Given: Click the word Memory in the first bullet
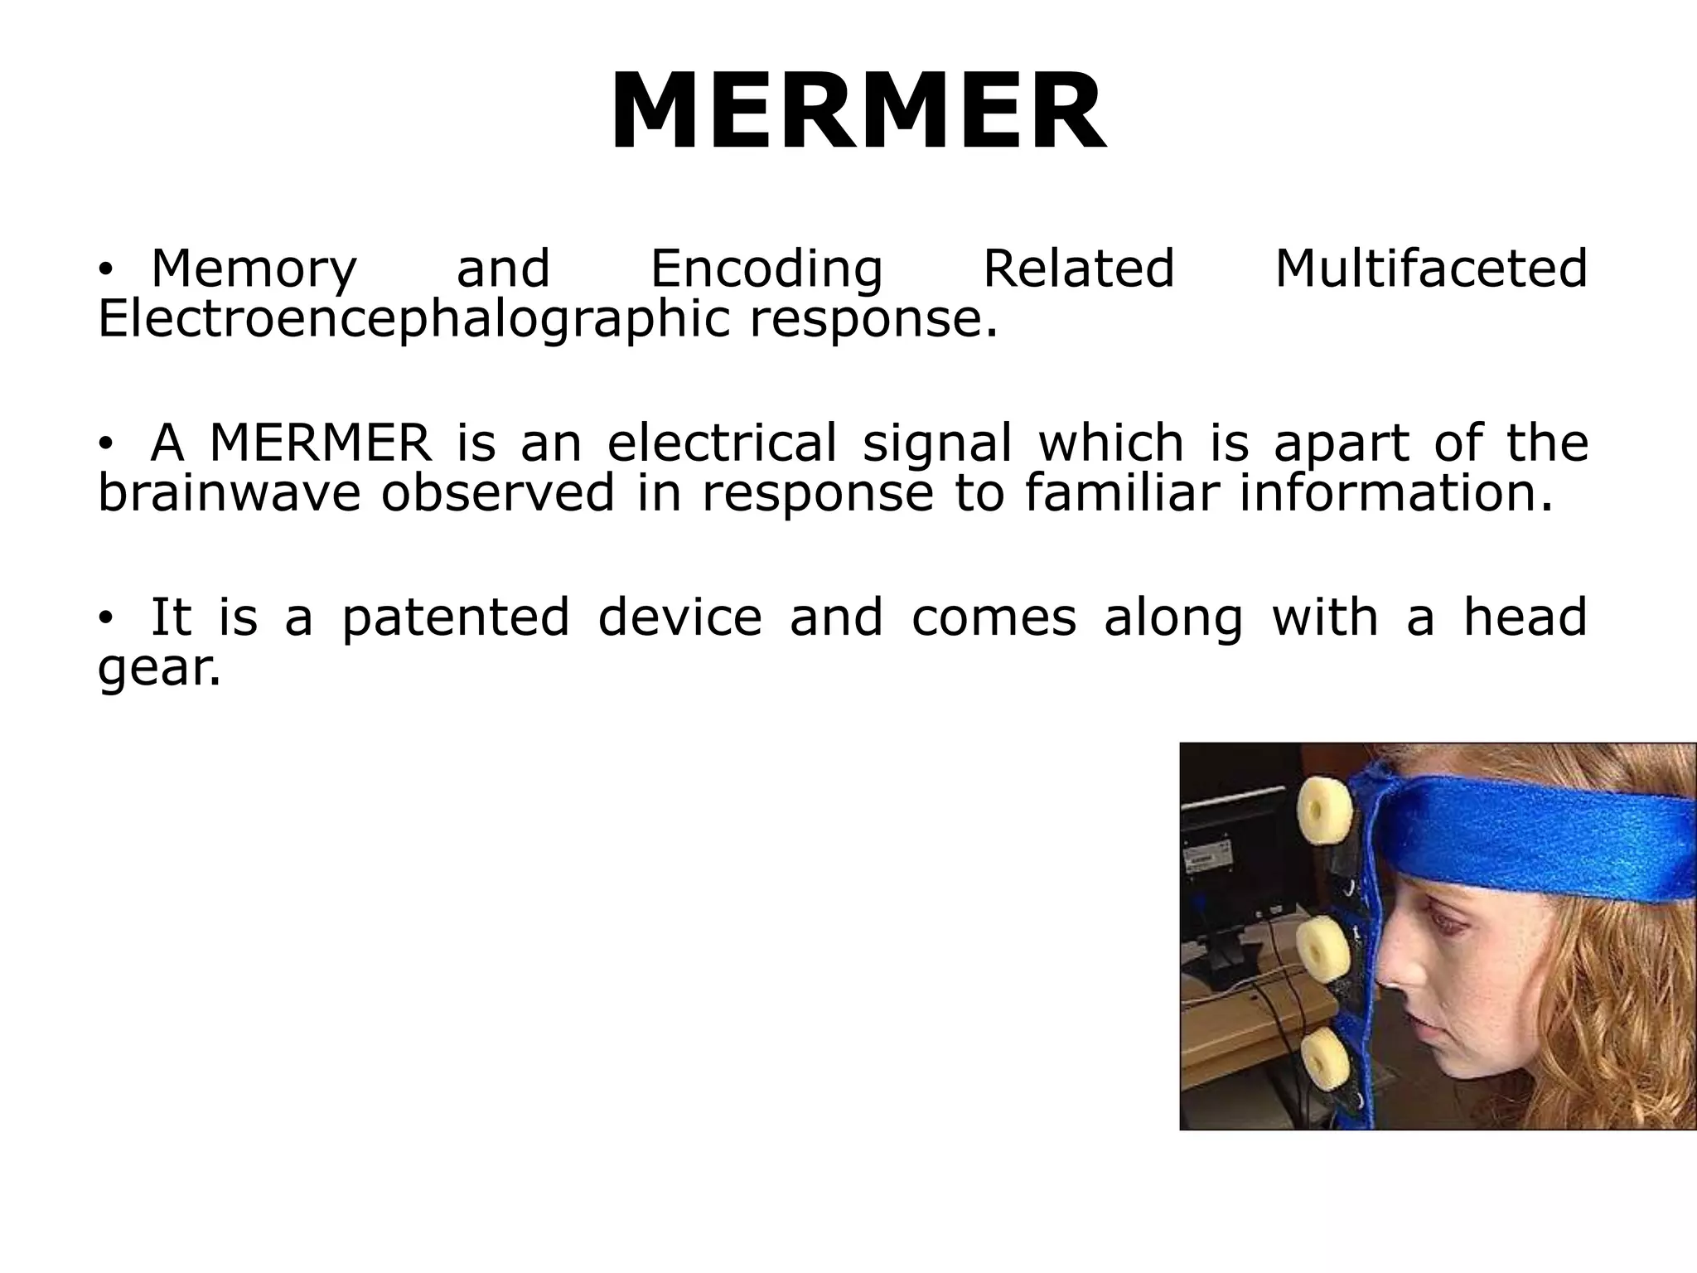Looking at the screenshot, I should [x=254, y=269].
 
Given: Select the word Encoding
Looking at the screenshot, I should [x=766, y=269].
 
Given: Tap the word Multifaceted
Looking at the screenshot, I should [x=1431, y=269].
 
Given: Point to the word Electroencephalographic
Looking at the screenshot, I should [x=413, y=320].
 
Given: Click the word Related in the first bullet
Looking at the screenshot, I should [x=1079, y=269].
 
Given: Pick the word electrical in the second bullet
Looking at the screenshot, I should [x=722, y=443].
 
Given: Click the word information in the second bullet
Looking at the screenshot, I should [x=1395, y=493].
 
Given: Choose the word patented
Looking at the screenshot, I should [x=456, y=618].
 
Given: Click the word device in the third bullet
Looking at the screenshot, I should [x=679, y=618].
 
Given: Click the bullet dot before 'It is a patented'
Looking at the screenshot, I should [x=104, y=618].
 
